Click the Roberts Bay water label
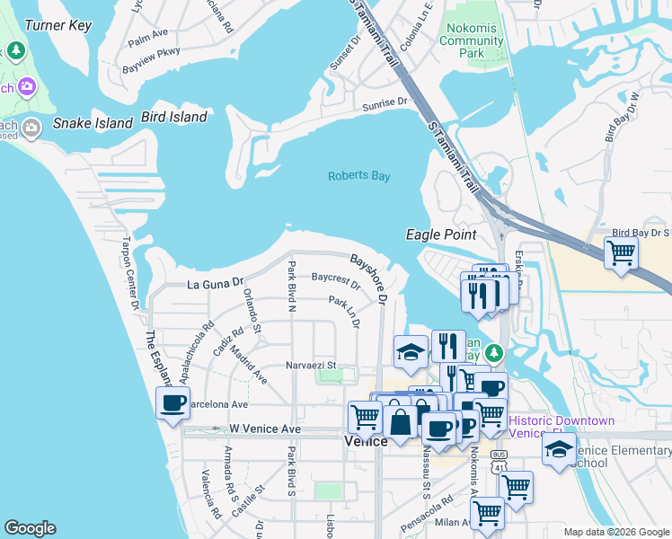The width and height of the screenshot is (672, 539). pos(358,176)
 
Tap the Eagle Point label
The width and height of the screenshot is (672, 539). pos(440,234)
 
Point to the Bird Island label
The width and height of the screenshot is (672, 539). pos(174,117)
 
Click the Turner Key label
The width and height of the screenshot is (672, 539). pos(58,25)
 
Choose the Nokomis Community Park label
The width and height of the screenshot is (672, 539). pos(470,40)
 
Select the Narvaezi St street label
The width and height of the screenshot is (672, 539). pos(311,366)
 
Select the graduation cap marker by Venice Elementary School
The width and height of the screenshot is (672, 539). pos(559,449)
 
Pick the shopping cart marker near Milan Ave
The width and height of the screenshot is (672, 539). pos(487,513)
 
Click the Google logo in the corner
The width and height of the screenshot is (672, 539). pos(30,528)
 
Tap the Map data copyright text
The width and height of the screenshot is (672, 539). pos(616,532)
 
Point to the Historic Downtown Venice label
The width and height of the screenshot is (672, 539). pos(561,427)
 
